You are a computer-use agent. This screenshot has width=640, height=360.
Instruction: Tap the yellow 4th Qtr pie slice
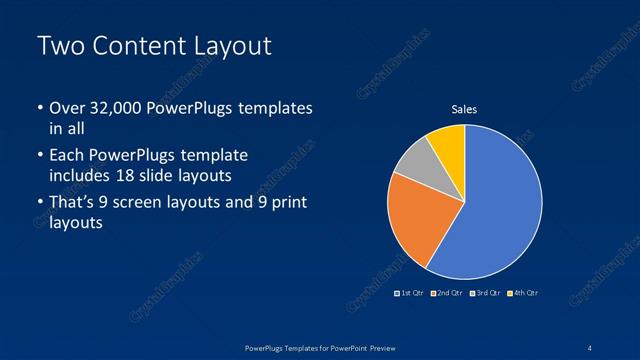coord(448,145)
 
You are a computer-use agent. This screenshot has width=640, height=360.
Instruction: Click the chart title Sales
coord(464,109)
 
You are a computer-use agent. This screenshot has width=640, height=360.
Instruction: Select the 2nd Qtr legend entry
coord(449,293)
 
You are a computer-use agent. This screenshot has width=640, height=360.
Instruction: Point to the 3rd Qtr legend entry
coord(486,293)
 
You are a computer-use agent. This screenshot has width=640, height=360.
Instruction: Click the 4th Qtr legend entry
coord(523,293)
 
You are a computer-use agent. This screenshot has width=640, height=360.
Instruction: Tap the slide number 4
coord(590,347)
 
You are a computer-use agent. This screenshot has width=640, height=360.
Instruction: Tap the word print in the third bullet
coord(287,204)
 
